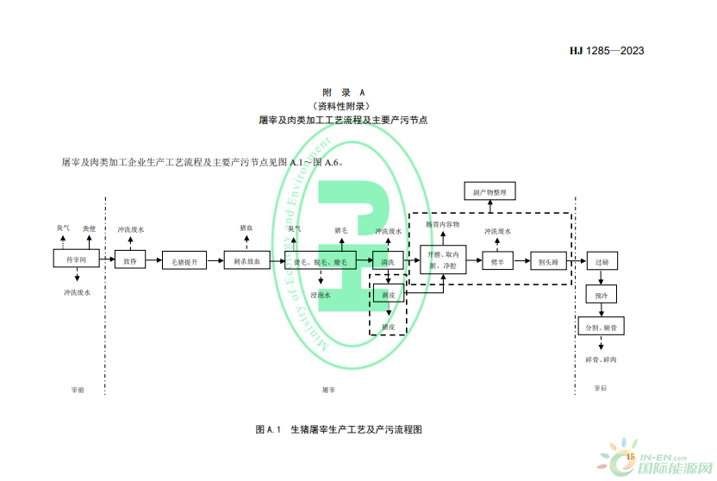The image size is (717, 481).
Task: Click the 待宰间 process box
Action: [x=77, y=259]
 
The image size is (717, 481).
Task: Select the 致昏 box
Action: [x=130, y=260]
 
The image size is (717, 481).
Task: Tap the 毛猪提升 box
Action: [x=184, y=261]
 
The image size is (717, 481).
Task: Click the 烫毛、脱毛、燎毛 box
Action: [x=320, y=261]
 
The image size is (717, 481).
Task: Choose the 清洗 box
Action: [x=388, y=261]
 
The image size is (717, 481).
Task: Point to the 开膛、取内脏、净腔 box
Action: [x=444, y=260]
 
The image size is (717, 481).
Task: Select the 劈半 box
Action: [x=498, y=260]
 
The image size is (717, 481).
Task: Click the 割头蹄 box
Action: [x=549, y=260]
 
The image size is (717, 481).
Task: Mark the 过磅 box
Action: [x=602, y=261]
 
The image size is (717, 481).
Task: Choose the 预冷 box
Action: [x=602, y=296]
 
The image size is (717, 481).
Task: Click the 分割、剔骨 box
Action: [x=602, y=328]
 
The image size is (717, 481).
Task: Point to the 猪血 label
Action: [x=246, y=228]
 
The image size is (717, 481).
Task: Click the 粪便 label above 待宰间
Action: [x=90, y=228]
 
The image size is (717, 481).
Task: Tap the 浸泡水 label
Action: [x=321, y=294]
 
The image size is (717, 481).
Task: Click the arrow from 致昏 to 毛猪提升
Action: [x=153, y=260]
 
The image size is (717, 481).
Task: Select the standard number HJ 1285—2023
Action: [x=606, y=51]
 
